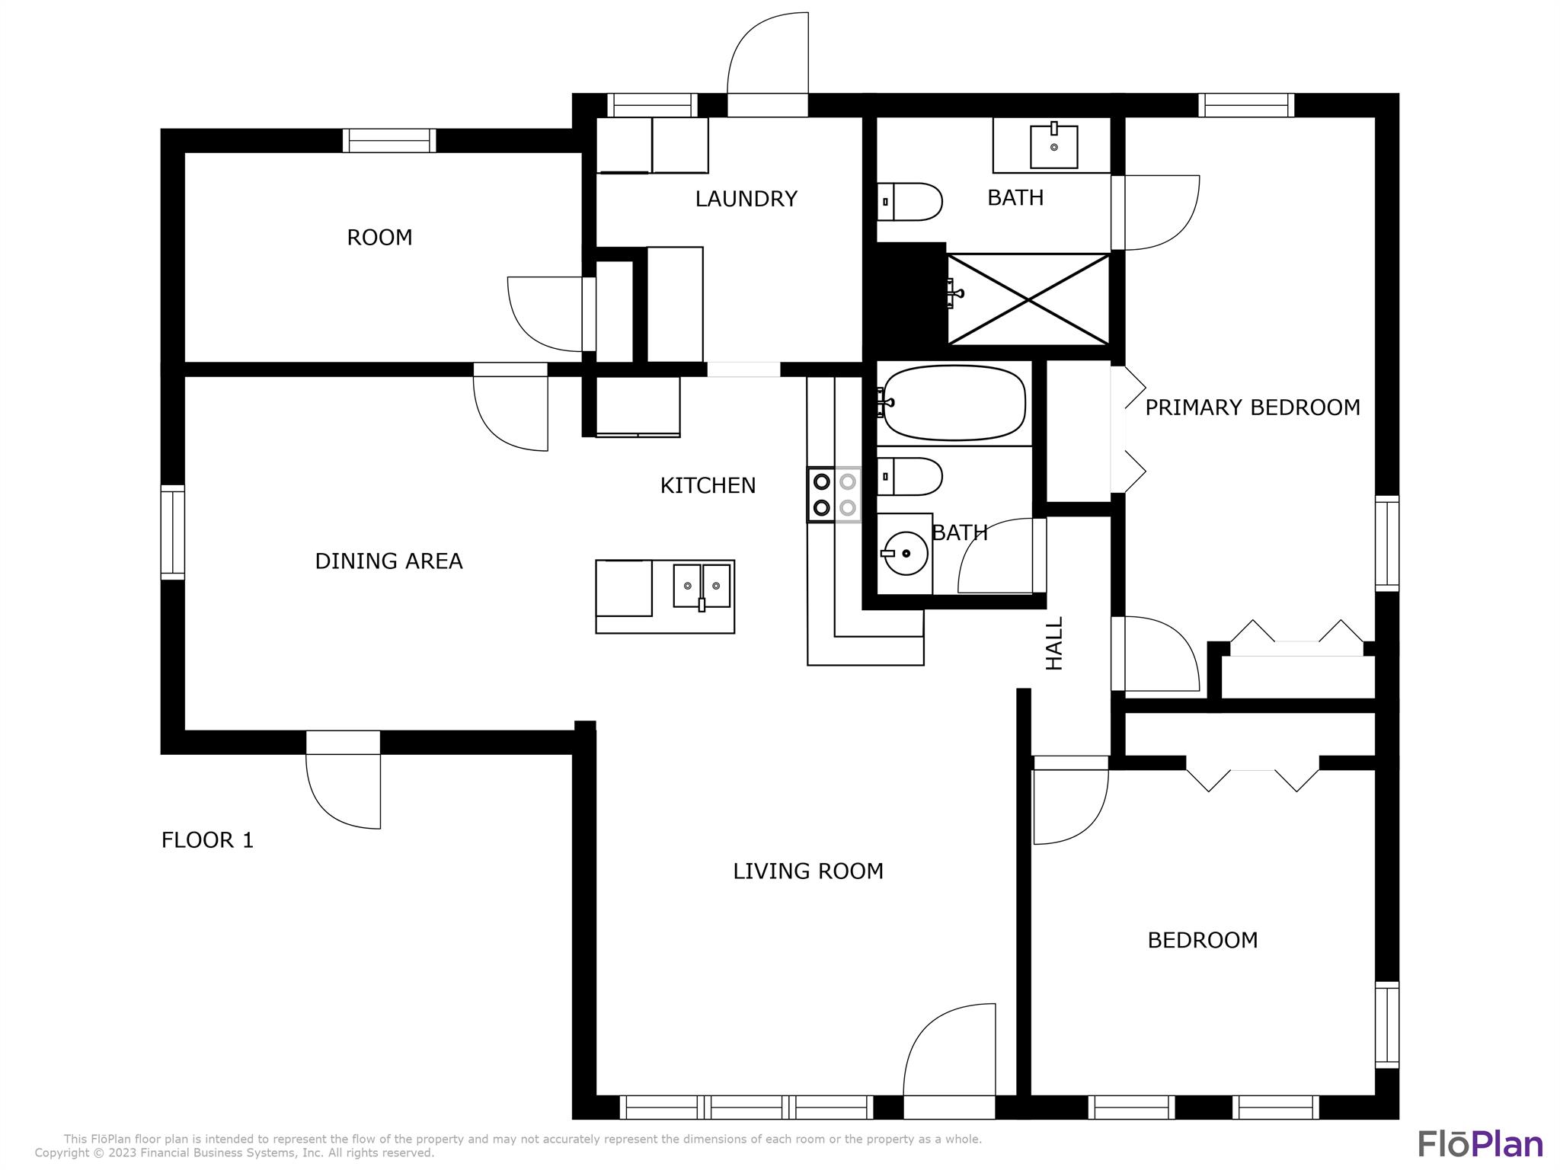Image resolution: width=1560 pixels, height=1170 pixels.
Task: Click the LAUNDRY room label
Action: tap(746, 199)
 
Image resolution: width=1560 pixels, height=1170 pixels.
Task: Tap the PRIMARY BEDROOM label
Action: tap(1252, 408)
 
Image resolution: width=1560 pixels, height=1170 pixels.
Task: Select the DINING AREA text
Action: tap(388, 561)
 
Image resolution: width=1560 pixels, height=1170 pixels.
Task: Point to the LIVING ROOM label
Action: tap(808, 871)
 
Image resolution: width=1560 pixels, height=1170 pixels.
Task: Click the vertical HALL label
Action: tap(1054, 644)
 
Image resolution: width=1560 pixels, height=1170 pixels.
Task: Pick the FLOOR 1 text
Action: tap(207, 840)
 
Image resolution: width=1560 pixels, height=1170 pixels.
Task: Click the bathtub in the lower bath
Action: tap(954, 403)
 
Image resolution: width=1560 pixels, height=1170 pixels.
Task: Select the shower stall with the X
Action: tap(1028, 299)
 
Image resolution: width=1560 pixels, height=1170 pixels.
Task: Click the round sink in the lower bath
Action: tap(905, 553)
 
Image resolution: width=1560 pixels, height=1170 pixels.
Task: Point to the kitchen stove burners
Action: tap(834, 494)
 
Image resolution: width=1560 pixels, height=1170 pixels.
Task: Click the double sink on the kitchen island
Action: tap(702, 585)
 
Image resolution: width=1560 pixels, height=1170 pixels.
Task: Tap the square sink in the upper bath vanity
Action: tap(1054, 146)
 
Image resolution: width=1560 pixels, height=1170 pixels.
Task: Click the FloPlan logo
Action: tap(1480, 1143)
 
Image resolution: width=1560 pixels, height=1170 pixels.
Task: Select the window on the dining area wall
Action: tap(173, 532)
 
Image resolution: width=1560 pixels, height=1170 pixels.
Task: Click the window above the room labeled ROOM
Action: tap(389, 141)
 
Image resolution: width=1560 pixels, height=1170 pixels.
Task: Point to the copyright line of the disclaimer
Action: tap(235, 1153)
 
